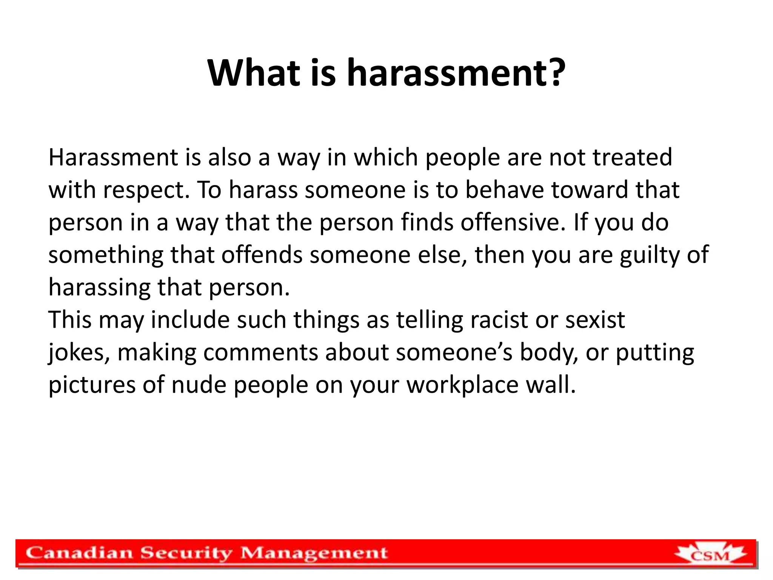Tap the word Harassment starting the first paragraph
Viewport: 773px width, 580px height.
[x=113, y=157]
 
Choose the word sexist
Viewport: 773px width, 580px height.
[x=595, y=320]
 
